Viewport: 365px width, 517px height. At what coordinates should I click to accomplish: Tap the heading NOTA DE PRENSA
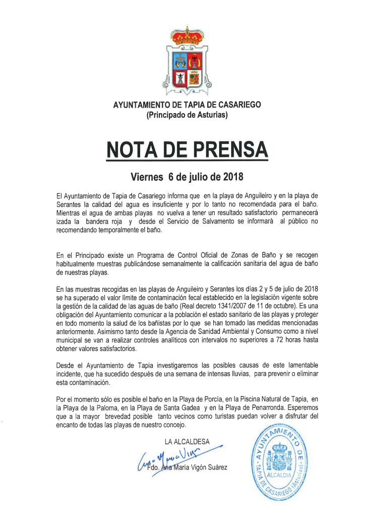pyautogui.click(x=187, y=149)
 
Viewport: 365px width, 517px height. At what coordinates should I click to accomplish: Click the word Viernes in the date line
pyautogui.click(x=147, y=177)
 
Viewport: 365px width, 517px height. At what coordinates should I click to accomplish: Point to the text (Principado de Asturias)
pyautogui.click(x=187, y=116)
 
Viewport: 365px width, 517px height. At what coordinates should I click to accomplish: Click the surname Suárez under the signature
pyautogui.click(x=216, y=467)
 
